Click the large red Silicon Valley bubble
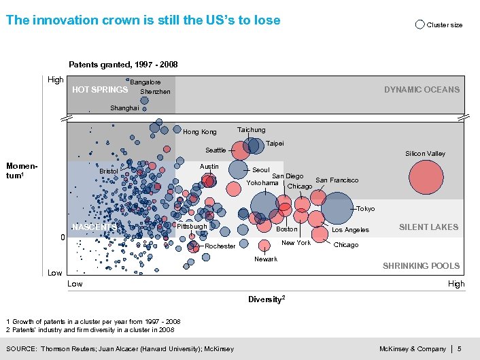point(428,178)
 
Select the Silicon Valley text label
point(425,154)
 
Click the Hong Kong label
point(200,132)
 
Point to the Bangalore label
point(145,82)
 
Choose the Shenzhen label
point(155,92)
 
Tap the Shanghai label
point(124,108)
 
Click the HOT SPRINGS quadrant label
point(100,90)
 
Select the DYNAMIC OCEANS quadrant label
point(422,90)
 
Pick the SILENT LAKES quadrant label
point(428,227)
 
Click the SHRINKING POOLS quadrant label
point(421,266)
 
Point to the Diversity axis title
point(266,299)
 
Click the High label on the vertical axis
point(56,80)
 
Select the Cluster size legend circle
point(419,24)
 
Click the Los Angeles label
point(350,231)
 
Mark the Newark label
point(266,259)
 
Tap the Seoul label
point(261,170)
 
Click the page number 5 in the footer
point(460,349)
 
